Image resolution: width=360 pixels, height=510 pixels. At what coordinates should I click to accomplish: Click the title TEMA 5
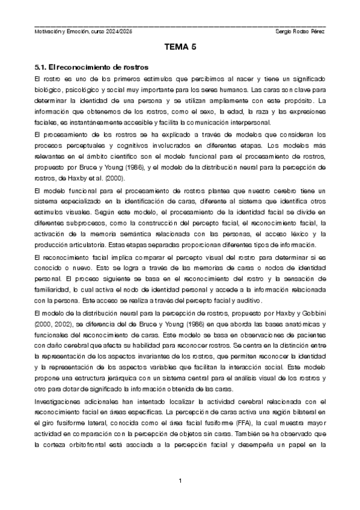[x=180, y=49]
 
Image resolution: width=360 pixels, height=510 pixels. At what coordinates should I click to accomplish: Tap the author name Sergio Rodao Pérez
[x=299, y=31]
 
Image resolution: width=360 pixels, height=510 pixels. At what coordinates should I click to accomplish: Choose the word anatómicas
[x=297, y=324]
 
